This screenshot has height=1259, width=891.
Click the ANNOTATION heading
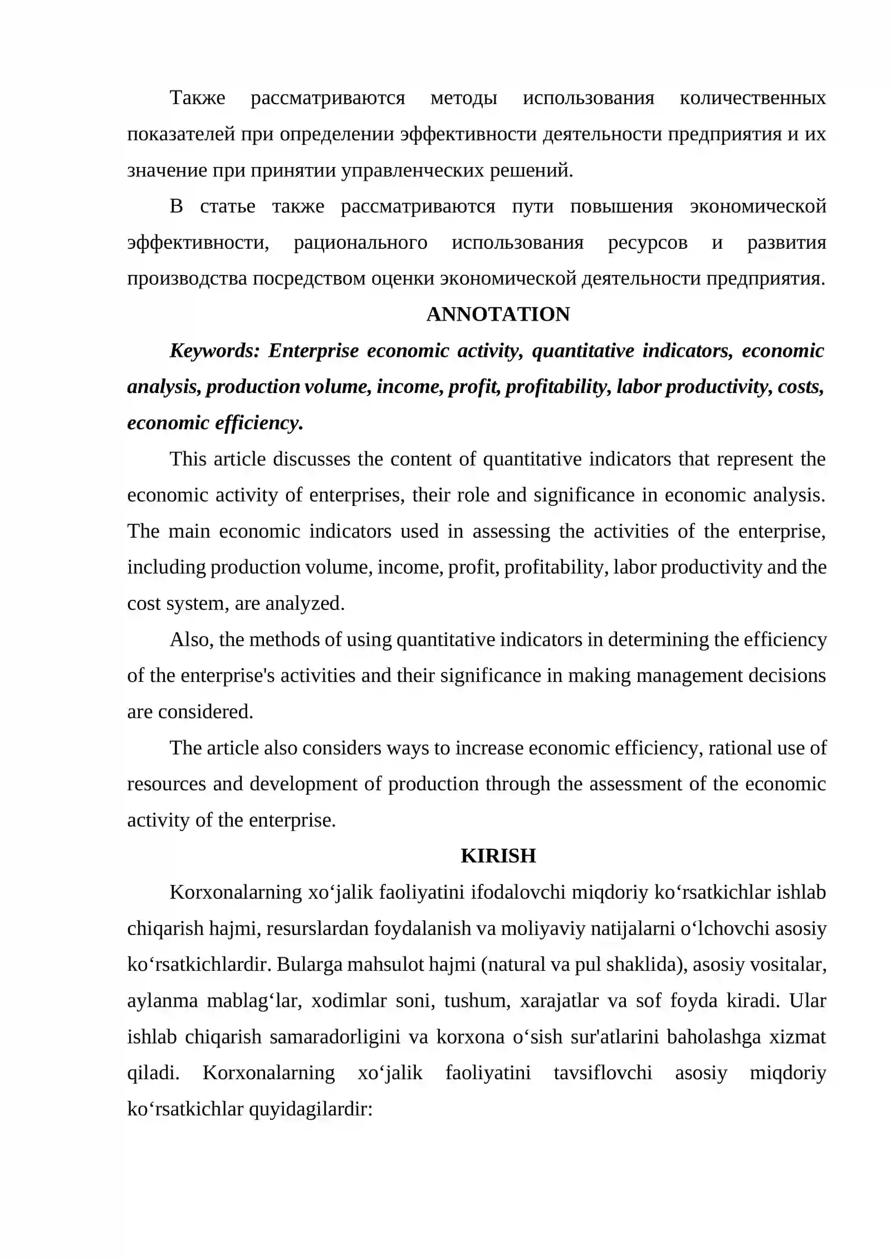point(498,314)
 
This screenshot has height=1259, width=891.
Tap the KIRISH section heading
point(498,855)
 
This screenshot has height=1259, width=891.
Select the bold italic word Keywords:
point(214,351)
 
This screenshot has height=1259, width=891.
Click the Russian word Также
point(197,98)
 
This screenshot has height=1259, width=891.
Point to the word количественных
point(752,98)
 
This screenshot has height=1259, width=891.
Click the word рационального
point(360,243)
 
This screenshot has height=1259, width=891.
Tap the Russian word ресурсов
point(647,243)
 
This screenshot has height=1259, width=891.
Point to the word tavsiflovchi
point(603,1073)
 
